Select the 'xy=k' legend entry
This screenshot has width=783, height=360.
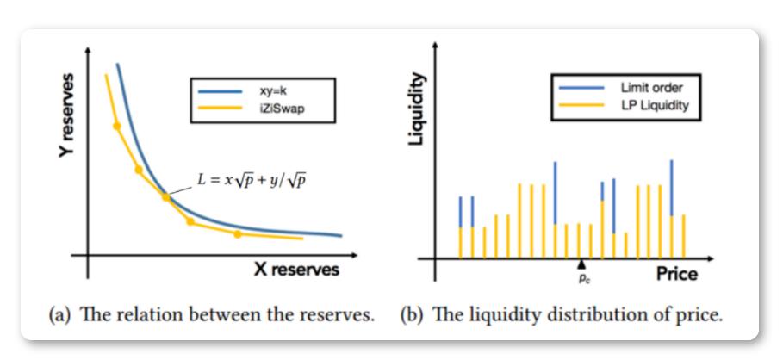258,89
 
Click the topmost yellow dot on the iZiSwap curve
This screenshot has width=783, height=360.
117,126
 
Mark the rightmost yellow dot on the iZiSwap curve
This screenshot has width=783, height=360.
239,233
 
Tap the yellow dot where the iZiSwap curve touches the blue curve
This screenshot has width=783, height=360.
166,197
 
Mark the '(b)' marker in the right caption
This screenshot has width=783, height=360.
414,315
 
